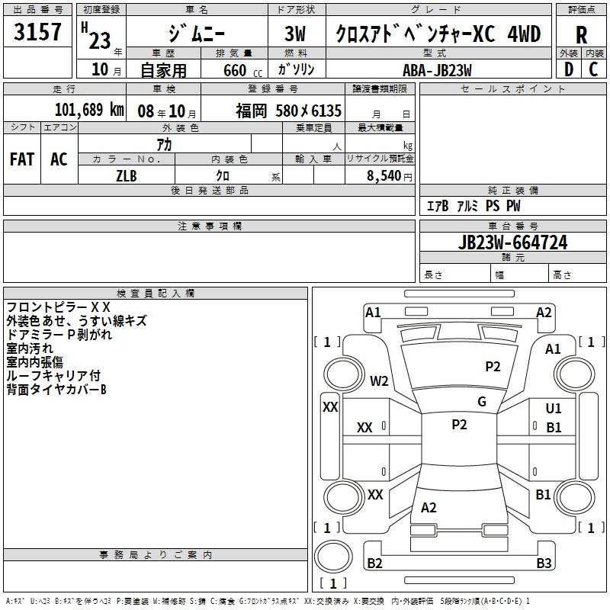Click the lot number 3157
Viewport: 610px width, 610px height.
tap(37, 31)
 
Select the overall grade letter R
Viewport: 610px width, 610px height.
tap(581, 35)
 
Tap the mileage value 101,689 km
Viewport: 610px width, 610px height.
tap(89, 110)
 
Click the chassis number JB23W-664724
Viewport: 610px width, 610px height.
tap(512, 242)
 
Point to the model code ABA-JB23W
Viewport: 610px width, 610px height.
tap(437, 70)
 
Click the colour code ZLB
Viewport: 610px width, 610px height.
tap(127, 176)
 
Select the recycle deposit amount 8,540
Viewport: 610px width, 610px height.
tap(384, 176)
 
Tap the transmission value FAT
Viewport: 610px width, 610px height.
tap(22, 159)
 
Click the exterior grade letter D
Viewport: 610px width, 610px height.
tap(569, 69)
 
